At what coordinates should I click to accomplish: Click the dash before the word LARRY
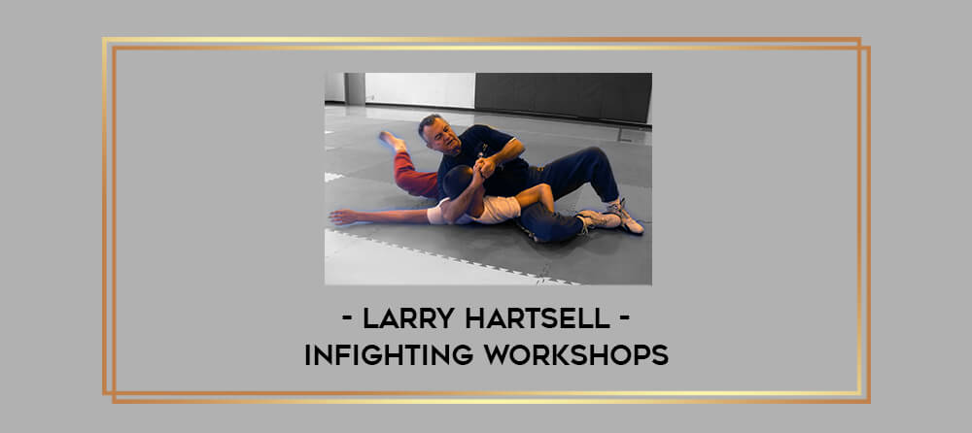click(x=348, y=320)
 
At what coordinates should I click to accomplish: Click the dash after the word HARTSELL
click(x=625, y=320)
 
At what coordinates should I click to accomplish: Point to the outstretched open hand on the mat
click(x=343, y=216)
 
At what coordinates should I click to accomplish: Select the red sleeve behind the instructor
click(x=413, y=176)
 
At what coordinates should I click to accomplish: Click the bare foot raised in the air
click(x=392, y=141)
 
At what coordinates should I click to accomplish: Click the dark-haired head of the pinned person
click(x=458, y=182)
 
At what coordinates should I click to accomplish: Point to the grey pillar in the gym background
click(x=355, y=88)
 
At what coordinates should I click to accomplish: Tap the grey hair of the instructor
click(x=429, y=120)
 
